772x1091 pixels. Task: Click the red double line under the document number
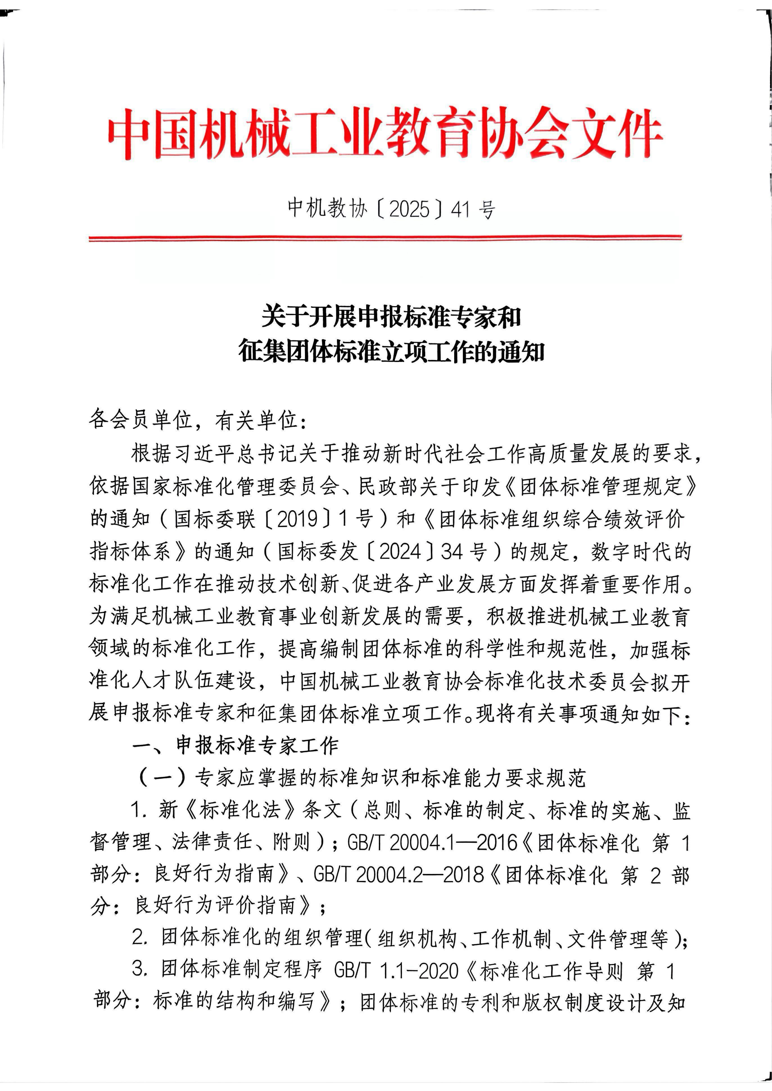[385, 238]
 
